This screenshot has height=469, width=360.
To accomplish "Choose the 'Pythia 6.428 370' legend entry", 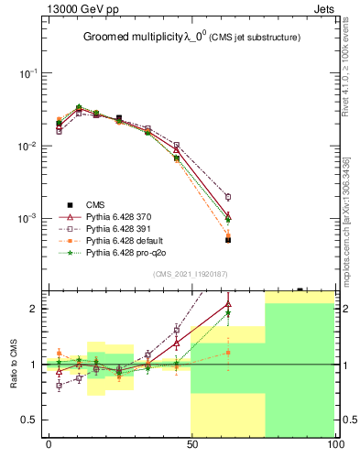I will [120, 216].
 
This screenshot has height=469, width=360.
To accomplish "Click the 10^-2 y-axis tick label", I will [26, 147].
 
